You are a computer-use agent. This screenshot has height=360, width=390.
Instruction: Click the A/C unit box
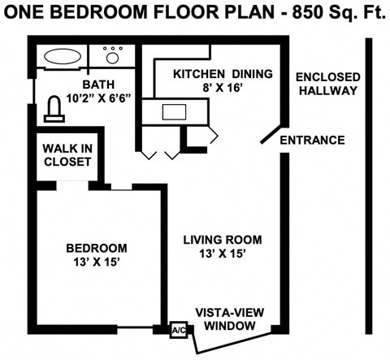(179, 330)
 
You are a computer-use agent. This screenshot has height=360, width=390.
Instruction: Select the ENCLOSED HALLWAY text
(326, 84)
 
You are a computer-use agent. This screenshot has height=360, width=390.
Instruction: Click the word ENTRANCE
(312, 140)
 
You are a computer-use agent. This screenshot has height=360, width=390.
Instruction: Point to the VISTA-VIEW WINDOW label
(227, 319)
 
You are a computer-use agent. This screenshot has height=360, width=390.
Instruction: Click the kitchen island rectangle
(175, 111)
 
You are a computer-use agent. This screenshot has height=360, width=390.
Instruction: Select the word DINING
(250, 74)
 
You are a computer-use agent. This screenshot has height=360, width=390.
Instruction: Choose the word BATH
(99, 85)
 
